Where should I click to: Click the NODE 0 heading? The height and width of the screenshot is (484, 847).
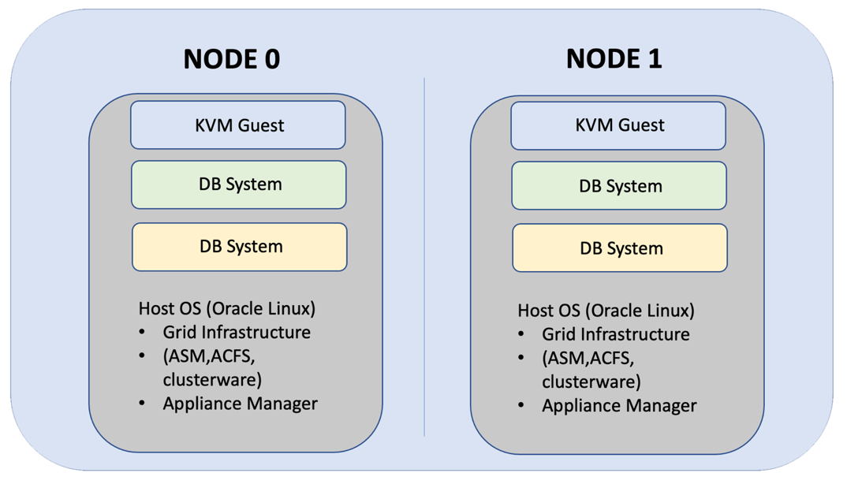231,59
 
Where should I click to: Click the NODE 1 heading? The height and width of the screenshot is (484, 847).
614,58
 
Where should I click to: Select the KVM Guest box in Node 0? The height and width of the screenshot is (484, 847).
238,125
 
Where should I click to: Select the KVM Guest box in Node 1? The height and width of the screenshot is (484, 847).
618,125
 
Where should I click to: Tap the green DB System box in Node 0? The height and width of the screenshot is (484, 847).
239,184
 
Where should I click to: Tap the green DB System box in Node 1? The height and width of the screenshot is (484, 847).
619,186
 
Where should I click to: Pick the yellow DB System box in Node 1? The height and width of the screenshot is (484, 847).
620,248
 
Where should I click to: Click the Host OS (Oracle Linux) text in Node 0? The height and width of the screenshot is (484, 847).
227,308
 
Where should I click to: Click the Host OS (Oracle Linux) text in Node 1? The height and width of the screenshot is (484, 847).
606,310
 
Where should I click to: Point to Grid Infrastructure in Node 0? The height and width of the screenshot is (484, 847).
237,332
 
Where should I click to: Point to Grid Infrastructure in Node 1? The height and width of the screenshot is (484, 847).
615,334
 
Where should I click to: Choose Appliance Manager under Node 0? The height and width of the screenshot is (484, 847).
240,404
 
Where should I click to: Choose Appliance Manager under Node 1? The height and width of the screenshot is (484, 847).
619,406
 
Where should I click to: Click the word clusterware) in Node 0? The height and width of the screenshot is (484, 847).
212,379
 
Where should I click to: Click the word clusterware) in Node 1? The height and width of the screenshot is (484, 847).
591,382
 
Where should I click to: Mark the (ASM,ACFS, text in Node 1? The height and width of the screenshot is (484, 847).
588,358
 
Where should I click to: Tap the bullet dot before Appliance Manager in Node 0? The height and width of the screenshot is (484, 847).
142,404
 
